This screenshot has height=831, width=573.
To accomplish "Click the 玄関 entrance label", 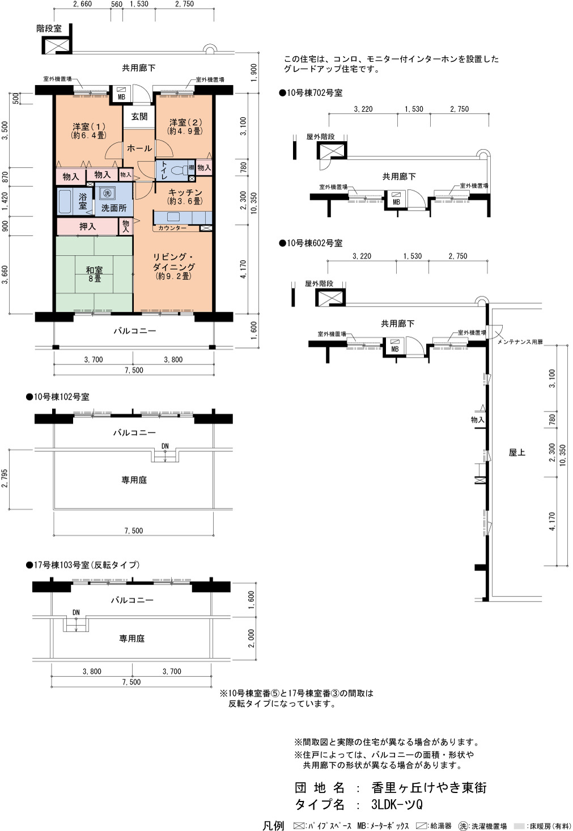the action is [139, 117].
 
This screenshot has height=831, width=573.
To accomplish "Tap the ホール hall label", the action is [139, 149].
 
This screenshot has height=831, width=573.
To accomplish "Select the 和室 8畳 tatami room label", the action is [94, 274].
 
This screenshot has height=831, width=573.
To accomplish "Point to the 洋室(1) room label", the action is [88, 130].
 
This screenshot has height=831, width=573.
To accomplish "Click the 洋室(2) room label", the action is [185, 126].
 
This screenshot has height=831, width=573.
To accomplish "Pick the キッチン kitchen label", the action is [185, 197].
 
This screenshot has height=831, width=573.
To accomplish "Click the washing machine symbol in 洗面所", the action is [107, 193].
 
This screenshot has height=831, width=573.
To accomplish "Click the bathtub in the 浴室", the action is [65, 201].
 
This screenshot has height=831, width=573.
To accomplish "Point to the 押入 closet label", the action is [87, 226].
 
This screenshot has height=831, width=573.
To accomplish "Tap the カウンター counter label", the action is [172, 228].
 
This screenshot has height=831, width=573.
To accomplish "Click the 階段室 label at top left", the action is [49, 28].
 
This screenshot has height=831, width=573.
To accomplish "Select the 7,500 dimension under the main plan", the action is [134, 370].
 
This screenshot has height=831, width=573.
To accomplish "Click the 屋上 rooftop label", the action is [517, 452].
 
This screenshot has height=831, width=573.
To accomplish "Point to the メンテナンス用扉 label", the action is [520, 341].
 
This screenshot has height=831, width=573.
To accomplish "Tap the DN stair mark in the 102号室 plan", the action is [165, 446].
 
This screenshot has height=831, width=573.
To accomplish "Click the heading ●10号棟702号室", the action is [311, 93].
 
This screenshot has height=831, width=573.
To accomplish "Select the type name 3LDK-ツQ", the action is [397, 804].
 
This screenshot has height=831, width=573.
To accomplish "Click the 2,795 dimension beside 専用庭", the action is [5, 479].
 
